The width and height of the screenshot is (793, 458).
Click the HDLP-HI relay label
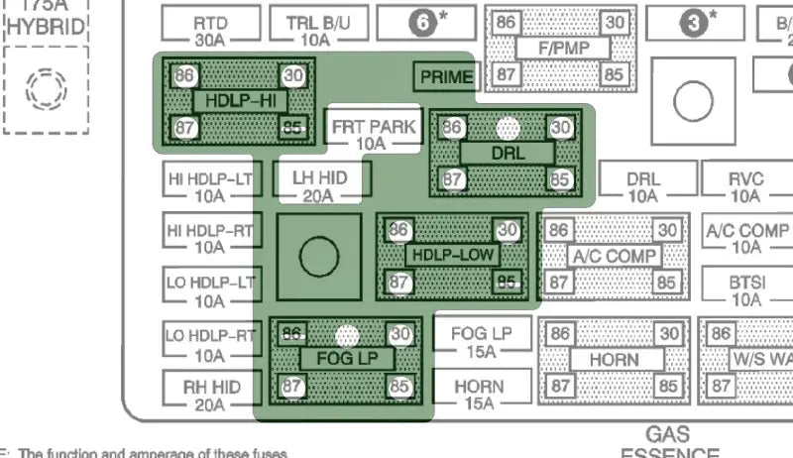[x=238, y=101]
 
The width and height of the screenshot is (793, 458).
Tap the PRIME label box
[x=446, y=76]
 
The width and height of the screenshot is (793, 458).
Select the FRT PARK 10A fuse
[x=373, y=135]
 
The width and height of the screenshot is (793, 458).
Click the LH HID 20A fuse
[x=318, y=185]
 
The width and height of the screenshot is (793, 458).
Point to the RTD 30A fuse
[x=209, y=30]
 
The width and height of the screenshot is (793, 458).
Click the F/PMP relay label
[x=559, y=48]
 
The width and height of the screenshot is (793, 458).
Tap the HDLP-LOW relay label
[x=453, y=255]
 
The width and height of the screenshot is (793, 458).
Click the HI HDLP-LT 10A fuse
[x=209, y=186]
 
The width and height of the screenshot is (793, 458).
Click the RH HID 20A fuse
[x=209, y=395]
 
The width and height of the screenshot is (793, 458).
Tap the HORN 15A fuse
[x=480, y=394]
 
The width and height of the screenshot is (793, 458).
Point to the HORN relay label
[x=613, y=359]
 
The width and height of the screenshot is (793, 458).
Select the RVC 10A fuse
[x=745, y=186]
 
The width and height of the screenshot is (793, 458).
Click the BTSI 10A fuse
[x=745, y=289]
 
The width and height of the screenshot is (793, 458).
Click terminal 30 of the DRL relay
[x=561, y=128]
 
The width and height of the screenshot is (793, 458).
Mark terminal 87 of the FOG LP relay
[x=292, y=385]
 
